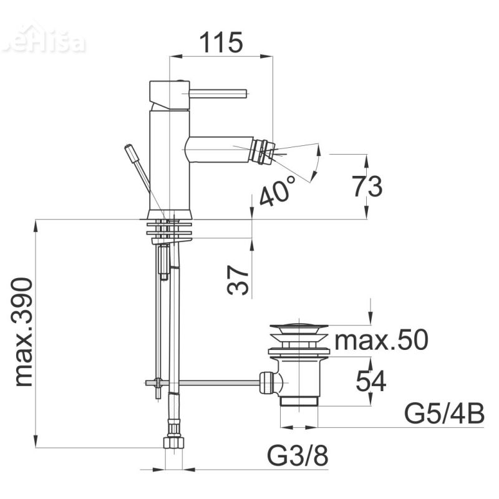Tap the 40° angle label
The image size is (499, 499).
coord(276,191)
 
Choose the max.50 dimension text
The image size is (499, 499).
coord(381,341)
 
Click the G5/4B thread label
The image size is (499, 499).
coord(444,414)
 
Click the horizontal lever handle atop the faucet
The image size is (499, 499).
coord(218,94)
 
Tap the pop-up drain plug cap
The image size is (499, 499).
coord(298,327)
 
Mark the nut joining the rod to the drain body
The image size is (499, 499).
coord(266,382)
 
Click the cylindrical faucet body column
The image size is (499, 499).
coord(169,162)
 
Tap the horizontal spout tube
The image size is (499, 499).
coord(221,149)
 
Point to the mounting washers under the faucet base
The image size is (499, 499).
coord(170,229)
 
